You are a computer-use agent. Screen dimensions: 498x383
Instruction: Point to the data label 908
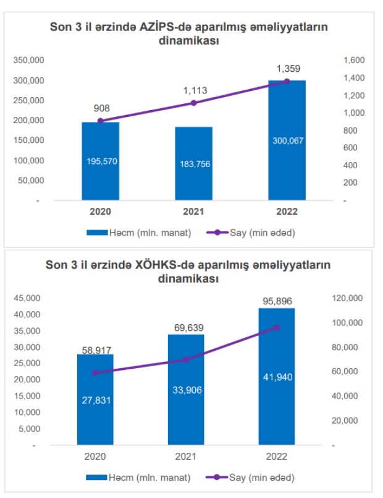pos(102,109)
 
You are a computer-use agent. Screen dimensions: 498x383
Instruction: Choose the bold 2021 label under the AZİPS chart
pos(193,211)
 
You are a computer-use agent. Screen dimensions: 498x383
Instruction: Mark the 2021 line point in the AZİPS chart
pos(193,103)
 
